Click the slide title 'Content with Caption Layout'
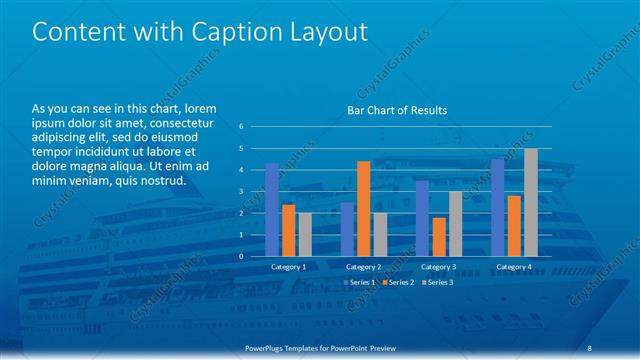pos(200,32)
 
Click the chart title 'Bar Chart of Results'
pos(397,110)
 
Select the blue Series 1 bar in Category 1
pos(272,210)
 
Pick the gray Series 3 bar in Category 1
pos(304,234)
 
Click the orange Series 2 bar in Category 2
pos(363,208)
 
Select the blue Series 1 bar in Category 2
pos(347,229)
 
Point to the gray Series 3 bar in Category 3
pos(455,223)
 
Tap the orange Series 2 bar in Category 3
pos(439,236)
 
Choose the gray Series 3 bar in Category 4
pos(530,202)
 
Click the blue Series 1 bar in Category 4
pos(498,207)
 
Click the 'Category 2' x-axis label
pos(363,267)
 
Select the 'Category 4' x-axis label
pos(513,267)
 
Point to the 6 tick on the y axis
pos(241,127)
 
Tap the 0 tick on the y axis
pos(241,256)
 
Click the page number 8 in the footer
pos(590,347)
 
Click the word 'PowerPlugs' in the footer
pos(268,347)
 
